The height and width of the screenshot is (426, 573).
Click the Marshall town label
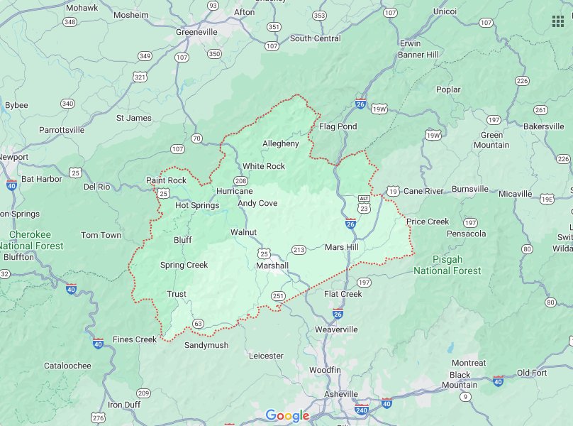[x=272, y=266]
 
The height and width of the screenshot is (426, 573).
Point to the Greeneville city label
[x=201, y=31]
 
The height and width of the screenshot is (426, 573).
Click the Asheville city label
[x=337, y=394]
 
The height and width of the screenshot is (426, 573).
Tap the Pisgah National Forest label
[x=447, y=265]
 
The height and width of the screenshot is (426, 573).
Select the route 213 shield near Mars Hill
[x=299, y=250]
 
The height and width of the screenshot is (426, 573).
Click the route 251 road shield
[x=277, y=296]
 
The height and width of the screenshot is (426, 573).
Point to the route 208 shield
[x=242, y=180]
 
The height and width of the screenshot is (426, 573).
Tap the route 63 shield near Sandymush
[x=198, y=324]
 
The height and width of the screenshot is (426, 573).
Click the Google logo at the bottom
[x=287, y=415]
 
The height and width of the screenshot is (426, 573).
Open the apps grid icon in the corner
[x=557, y=21]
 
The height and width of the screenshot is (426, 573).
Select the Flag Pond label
[x=338, y=126]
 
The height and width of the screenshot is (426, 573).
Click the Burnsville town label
[x=470, y=189]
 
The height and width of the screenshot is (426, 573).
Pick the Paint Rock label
[x=166, y=180]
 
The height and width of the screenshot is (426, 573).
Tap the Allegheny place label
[x=281, y=143]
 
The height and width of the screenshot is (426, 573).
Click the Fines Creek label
[x=135, y=339]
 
